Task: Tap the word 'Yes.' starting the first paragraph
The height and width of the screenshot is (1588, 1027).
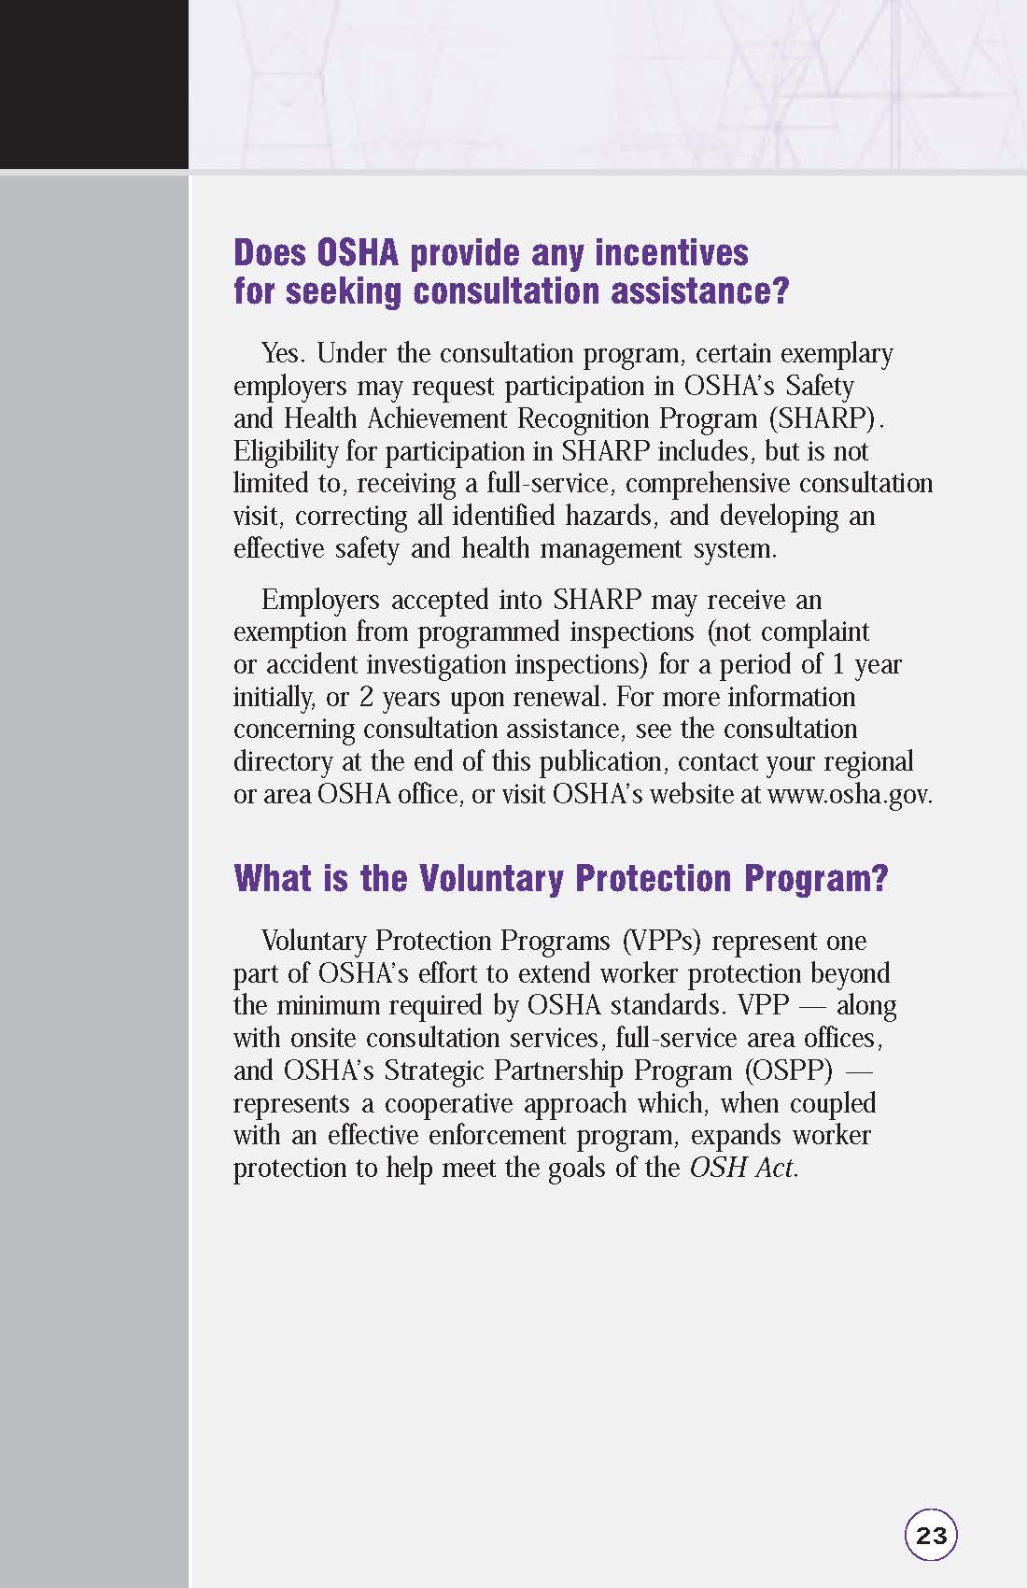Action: (x=285, y=354)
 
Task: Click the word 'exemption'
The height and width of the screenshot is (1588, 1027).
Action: (x=290, y=632)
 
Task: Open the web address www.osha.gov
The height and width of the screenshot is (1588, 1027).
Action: (x=849, y=794)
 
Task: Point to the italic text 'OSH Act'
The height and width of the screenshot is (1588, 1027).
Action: (x=742, y=1168)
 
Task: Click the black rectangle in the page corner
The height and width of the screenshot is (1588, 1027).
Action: (x=93, y=84)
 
